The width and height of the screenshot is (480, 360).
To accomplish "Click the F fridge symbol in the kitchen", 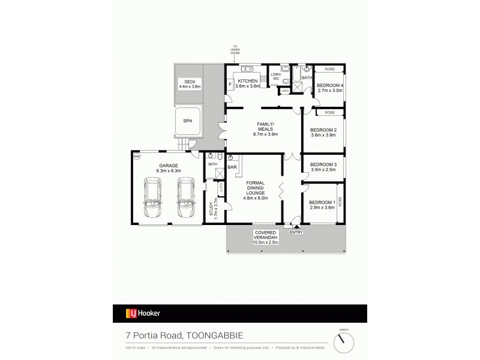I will click(x=230, y=85).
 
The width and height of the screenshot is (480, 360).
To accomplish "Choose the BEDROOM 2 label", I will click(x=323, y=132).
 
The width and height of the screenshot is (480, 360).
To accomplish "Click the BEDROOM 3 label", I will click(x=323, y=167).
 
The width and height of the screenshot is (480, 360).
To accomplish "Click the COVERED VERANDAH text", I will click(x=265, y=238).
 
